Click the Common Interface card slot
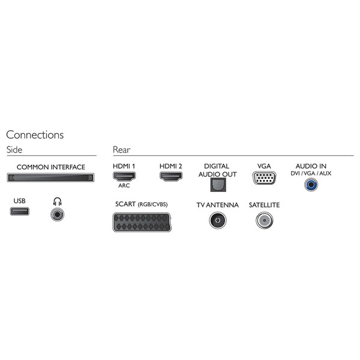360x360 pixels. coord(50,178)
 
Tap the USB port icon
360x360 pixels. coord(20,211)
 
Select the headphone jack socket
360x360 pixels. coord(57,214)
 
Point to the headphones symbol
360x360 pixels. coord(57,202)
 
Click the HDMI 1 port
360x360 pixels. coord(124,176)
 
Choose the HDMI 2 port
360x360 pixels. coord(171,176)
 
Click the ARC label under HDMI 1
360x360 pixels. coord(124,185)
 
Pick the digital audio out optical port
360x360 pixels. coord(218,185)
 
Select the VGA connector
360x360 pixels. coord(264,178)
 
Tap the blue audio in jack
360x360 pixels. coord(311,184)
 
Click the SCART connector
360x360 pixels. coord(142,222)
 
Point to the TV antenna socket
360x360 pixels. coord(218,220)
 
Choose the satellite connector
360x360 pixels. coord(265,220)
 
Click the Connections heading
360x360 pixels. coord(35,135)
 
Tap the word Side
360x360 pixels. coord(14,149)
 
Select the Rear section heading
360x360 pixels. coord(121,149)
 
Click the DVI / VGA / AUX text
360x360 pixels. coord(311,173)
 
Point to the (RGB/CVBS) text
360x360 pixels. coord(152,205)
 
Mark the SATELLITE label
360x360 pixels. coord(264,205)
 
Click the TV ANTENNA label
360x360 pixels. coord(217,205)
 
